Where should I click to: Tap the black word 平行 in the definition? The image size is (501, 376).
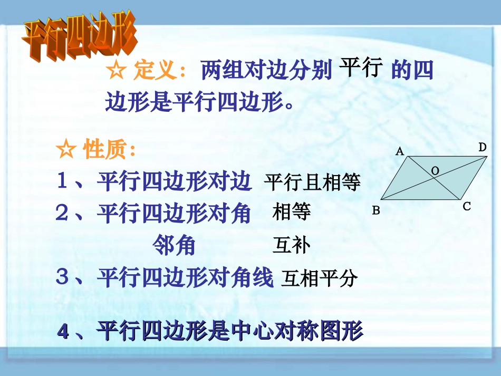pos(360,68)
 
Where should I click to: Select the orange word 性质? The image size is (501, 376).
pos(104,150)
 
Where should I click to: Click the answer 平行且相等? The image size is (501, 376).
pos(312,183)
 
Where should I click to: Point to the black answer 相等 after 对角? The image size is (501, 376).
pos(292,213)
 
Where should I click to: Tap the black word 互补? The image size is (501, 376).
pos(292,245)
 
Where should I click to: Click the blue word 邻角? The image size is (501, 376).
pos(174,245)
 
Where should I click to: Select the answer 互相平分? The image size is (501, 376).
pos(320,278)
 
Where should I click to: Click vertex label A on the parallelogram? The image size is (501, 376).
pos(400,152)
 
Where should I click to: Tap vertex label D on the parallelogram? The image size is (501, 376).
pos(482,148)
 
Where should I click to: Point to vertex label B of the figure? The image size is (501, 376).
pos(376,210)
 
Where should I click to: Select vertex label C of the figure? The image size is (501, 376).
pos(467,207)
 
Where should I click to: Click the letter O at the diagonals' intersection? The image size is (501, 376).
pos(436,170)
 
